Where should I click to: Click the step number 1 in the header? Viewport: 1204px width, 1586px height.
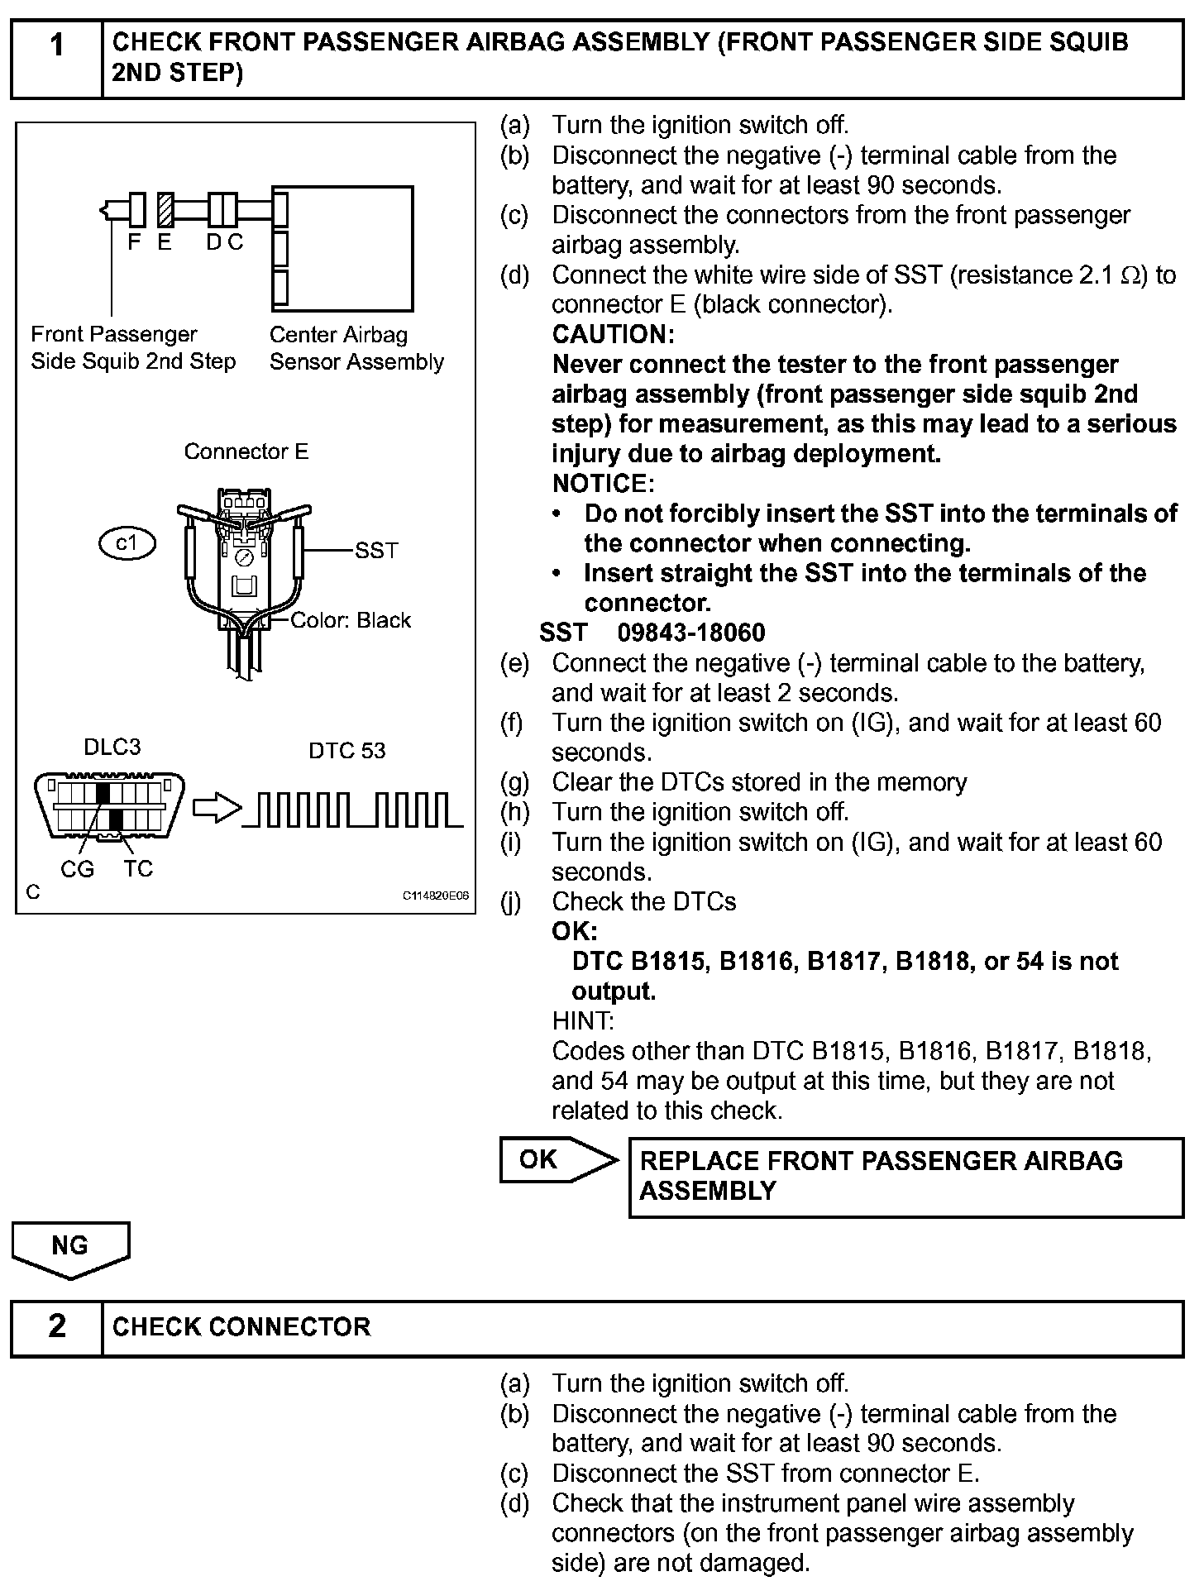coord(56,45)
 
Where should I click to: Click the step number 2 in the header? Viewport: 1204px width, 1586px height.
coord(56,1326)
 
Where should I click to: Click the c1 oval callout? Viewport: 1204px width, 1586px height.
coord(127,543)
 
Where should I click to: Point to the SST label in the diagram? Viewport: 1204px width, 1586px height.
coord(376,550)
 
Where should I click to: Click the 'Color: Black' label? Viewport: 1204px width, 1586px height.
coord(351,620)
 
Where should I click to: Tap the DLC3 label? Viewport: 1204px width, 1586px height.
coord(112,747)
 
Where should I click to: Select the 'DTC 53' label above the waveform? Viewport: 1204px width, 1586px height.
coord(346,750)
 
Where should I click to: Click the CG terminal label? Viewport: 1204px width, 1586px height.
coord(77,869)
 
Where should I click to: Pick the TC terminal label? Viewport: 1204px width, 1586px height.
coord(138,869)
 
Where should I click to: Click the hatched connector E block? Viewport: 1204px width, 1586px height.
coord(165,209)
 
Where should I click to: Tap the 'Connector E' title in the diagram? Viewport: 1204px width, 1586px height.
coord(246,451)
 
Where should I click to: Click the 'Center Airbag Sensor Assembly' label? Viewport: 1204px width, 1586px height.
coord(356,348)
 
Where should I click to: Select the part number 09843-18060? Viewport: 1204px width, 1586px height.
coord(691,633)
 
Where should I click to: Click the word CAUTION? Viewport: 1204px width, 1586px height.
coord(613,334)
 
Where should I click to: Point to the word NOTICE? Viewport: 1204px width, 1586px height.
coord(603,483)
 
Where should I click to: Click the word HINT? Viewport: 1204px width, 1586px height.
coord(582,1020)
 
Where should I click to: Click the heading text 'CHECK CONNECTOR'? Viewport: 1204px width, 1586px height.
coord(241,1326)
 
